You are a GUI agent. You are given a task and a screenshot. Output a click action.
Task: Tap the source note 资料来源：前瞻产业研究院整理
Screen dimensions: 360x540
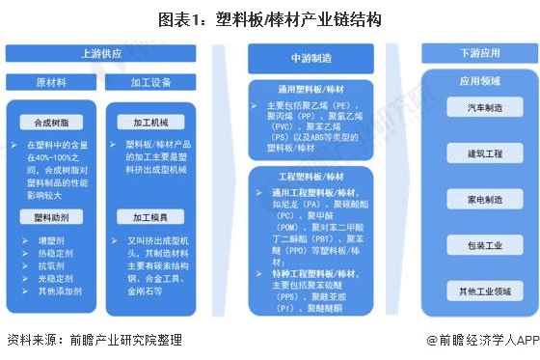click(94, 340)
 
